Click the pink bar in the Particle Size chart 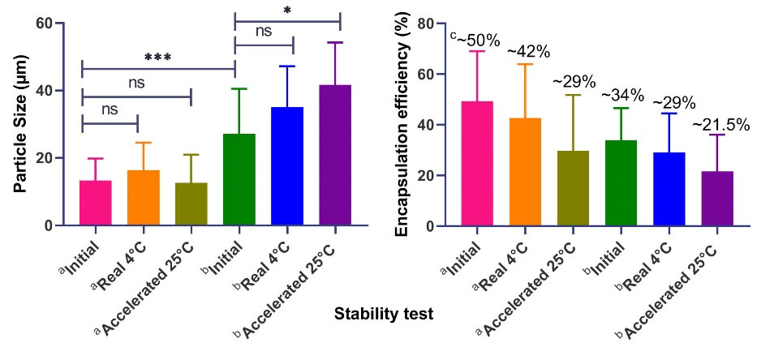[96, 203]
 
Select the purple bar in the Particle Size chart [335, 155]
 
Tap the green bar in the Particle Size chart [239, 179]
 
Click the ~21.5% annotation [720, 125]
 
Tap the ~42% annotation [528, 52]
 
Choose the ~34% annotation [623, 96]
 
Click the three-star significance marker [158, 58]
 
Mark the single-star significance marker [287, 11]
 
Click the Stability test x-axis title [383, 315]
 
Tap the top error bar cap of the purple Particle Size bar [335, 42]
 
